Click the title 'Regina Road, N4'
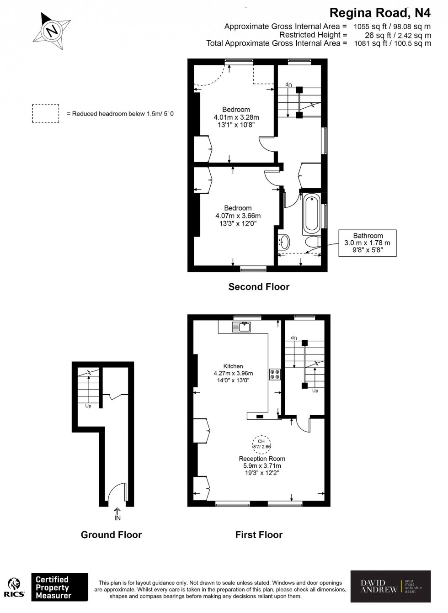point(380,12)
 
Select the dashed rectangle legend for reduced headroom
point(45,114)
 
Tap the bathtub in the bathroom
point(311,213)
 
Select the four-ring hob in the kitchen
point(275,374)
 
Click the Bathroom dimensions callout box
point(368,243)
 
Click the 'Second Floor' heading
point(259,287)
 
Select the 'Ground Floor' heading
point(111,534)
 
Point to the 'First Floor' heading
point(259,534)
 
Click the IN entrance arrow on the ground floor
point(117,514)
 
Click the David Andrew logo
point(390,587)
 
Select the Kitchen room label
point(233,366)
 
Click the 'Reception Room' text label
point(262,459)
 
